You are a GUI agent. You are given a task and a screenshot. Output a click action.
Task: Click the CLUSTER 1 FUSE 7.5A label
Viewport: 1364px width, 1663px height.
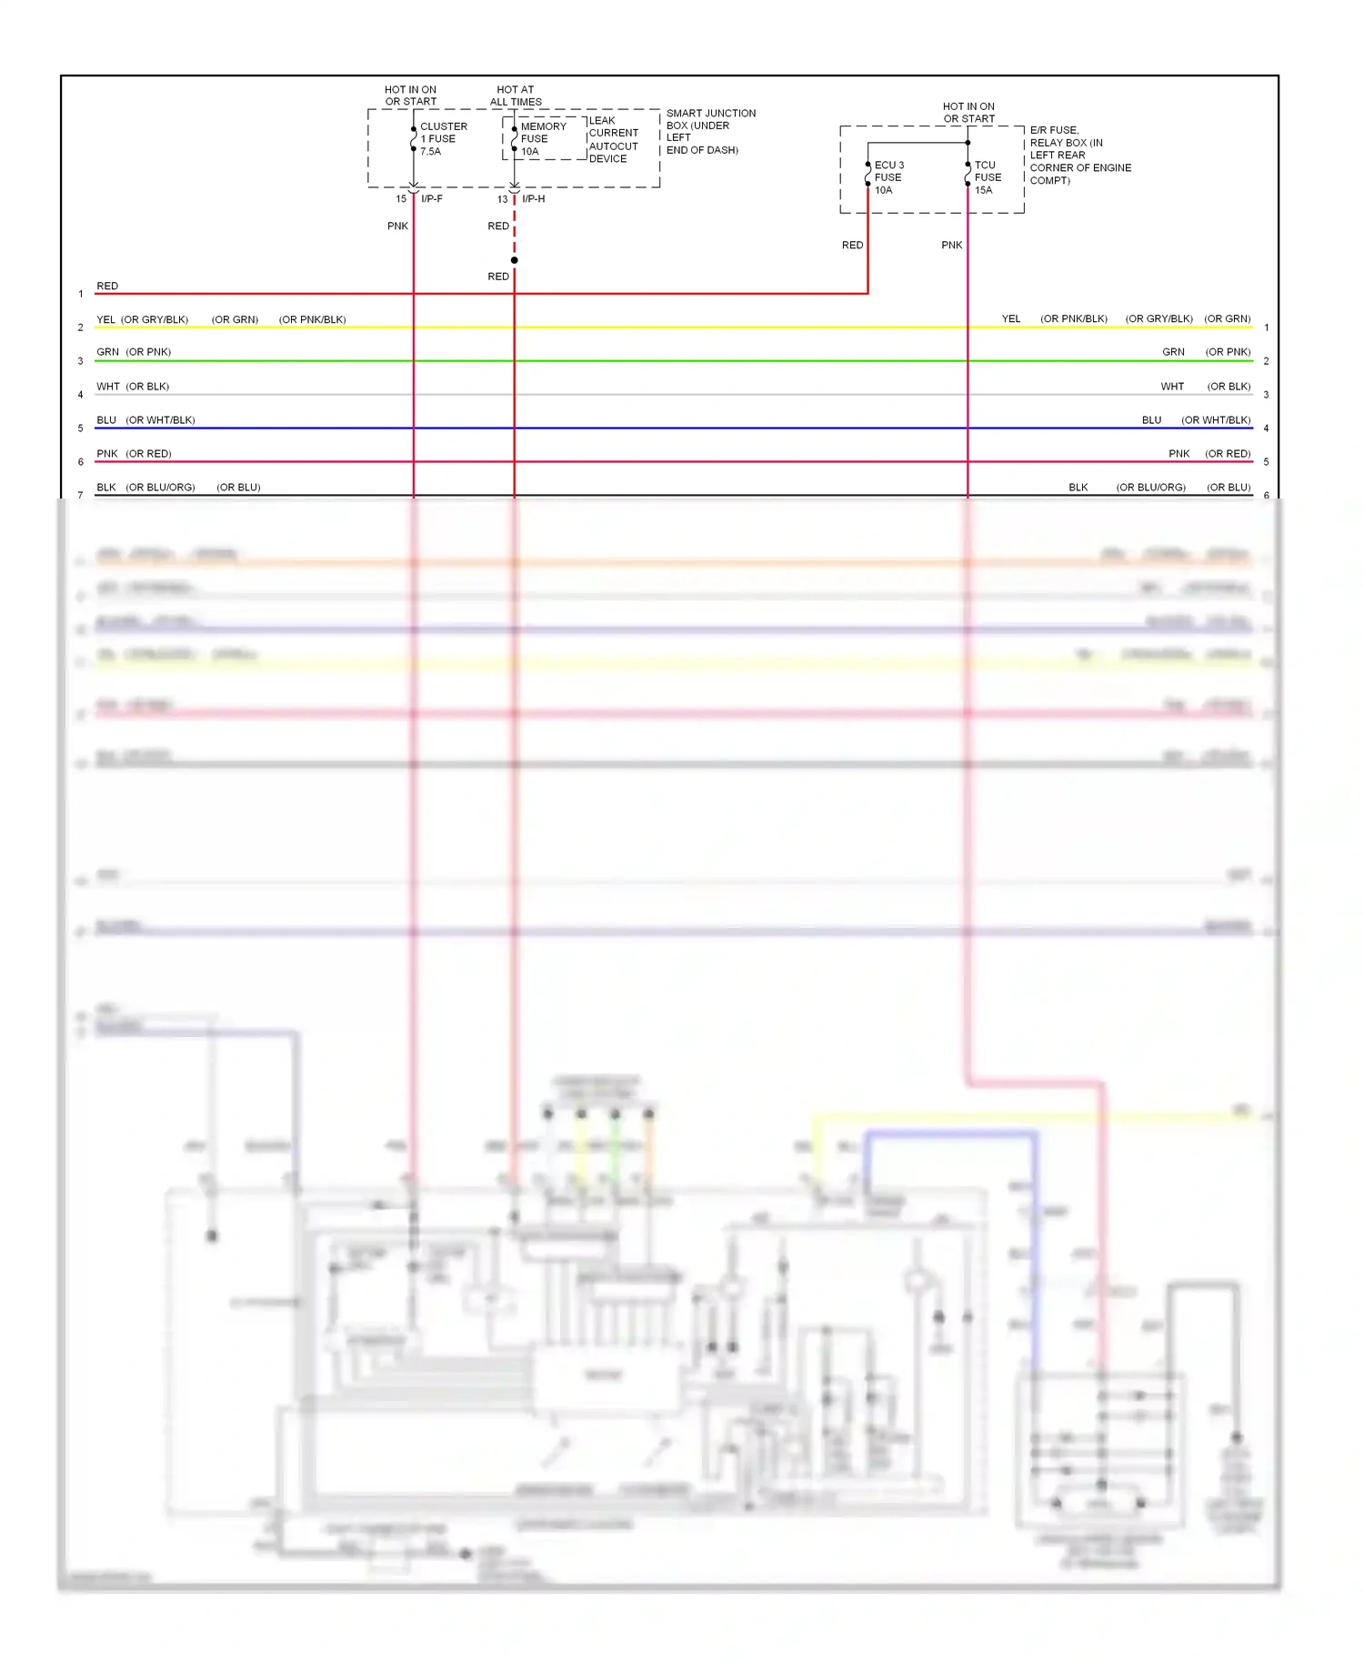click(443, 139)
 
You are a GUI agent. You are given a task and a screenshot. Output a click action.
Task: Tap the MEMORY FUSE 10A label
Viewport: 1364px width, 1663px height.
click(543, 139)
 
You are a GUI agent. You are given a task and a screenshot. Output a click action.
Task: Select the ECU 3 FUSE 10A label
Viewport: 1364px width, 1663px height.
click(888, 177)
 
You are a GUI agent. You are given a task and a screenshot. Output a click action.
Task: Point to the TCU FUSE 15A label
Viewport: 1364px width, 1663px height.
click(988, 177)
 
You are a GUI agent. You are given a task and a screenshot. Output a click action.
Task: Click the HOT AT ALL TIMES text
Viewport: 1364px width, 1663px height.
click(516, 96)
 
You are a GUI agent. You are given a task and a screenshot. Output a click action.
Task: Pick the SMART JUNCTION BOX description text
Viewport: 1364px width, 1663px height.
click(710, 132)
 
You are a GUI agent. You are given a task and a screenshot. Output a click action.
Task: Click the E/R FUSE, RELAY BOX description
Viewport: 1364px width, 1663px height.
click(1080, 156)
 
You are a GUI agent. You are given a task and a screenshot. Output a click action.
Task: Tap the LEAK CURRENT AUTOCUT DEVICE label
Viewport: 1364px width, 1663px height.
click(614, 139)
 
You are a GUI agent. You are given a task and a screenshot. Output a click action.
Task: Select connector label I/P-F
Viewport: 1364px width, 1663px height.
click(432, 198)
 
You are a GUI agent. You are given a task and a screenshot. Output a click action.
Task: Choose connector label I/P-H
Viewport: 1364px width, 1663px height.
click(534, 198)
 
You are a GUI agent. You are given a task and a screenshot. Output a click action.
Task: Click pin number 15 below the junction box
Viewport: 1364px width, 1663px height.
click(401, 198)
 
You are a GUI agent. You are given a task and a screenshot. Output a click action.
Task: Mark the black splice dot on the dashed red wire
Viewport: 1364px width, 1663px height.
click(515, 260)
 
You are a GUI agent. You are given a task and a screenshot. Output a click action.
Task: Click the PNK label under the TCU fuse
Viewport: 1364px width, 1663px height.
click(951, 245)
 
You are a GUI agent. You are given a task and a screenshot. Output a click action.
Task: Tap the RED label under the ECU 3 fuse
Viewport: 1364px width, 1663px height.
click(852, 245)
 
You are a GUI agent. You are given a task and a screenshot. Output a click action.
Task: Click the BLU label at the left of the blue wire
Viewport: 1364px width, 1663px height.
click(106, 419)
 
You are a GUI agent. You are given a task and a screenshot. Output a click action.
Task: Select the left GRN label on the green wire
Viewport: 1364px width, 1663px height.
click(107, 352)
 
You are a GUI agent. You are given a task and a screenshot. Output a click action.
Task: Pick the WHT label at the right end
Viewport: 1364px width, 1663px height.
click(1172, 387)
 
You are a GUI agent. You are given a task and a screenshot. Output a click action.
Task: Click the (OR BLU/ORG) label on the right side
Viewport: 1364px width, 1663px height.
click(1150, 487)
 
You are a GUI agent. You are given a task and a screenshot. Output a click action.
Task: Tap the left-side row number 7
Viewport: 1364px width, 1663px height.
click(81, 495)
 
